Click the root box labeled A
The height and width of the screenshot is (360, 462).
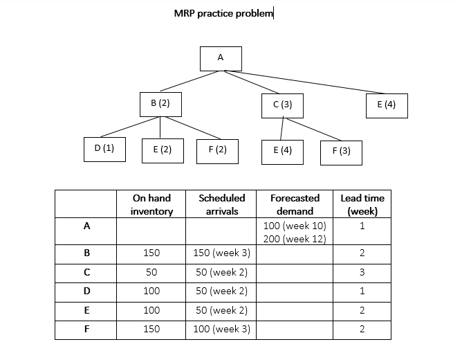tap(221, 59)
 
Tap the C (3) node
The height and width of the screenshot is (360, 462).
tap(282, 105)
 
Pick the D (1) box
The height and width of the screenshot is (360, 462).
tap(104, 149)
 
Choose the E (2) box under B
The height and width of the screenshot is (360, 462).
tap(163, 150)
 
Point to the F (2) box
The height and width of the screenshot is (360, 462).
tap(217, 150)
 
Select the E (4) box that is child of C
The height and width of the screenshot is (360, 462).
tap(282, 152)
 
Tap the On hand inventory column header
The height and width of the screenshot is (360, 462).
tap(151, 204)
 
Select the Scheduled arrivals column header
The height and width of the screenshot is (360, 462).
tap(221, 204)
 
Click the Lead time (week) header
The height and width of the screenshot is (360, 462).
tap(362, 204)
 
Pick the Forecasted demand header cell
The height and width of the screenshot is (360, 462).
tap(295, 204)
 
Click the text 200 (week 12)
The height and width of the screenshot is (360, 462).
tap(295, 239)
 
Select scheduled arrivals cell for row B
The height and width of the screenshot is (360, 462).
tap(221, 253)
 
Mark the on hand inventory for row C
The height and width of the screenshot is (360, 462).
tap(151, 273)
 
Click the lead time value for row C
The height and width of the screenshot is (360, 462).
tap(362, 273)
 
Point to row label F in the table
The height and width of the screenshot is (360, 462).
tap(86, 329)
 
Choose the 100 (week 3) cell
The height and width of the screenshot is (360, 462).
tap(221, 329)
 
